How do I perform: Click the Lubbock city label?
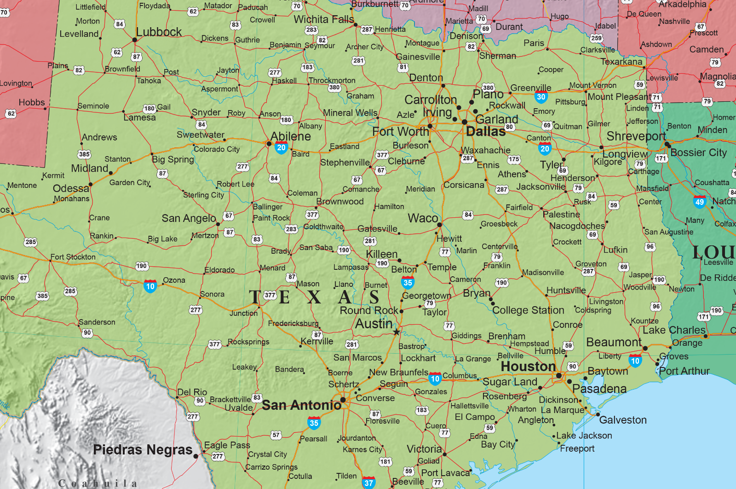(x=159, y=32)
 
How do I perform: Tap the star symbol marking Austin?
(x=397, y=332)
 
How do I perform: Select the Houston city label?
(x=528, y=367)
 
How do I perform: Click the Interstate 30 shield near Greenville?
(x=541, y=97)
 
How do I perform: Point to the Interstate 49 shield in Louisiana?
(x=700, y=202)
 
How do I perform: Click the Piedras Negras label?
(x=143, y=450)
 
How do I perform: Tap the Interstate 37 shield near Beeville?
(x=368, y=483)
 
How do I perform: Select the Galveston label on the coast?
(x=623, y=420)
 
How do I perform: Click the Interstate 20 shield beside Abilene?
(x=281, y=148)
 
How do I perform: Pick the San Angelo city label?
(x=189, y=218)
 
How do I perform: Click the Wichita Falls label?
(x=324, y=19)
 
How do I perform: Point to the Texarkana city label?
(x=621, y=62)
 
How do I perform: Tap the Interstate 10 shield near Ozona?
(x=150, y=286)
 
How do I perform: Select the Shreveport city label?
(x=636, y=136)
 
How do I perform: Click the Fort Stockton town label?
(x=73, y=257)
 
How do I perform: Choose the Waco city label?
(x=423, y=218)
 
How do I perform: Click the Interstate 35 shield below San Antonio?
(x=314, y=423)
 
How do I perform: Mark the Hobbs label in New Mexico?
(x=32, y=102)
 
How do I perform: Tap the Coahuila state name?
(x=98, y=483)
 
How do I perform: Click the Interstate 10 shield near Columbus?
(x=435, y=379)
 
